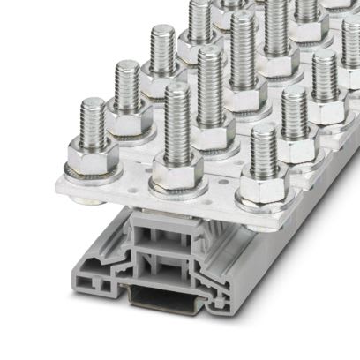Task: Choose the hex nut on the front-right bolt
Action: tap(262, 188)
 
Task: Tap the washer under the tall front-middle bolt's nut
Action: tap(177, 189)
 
